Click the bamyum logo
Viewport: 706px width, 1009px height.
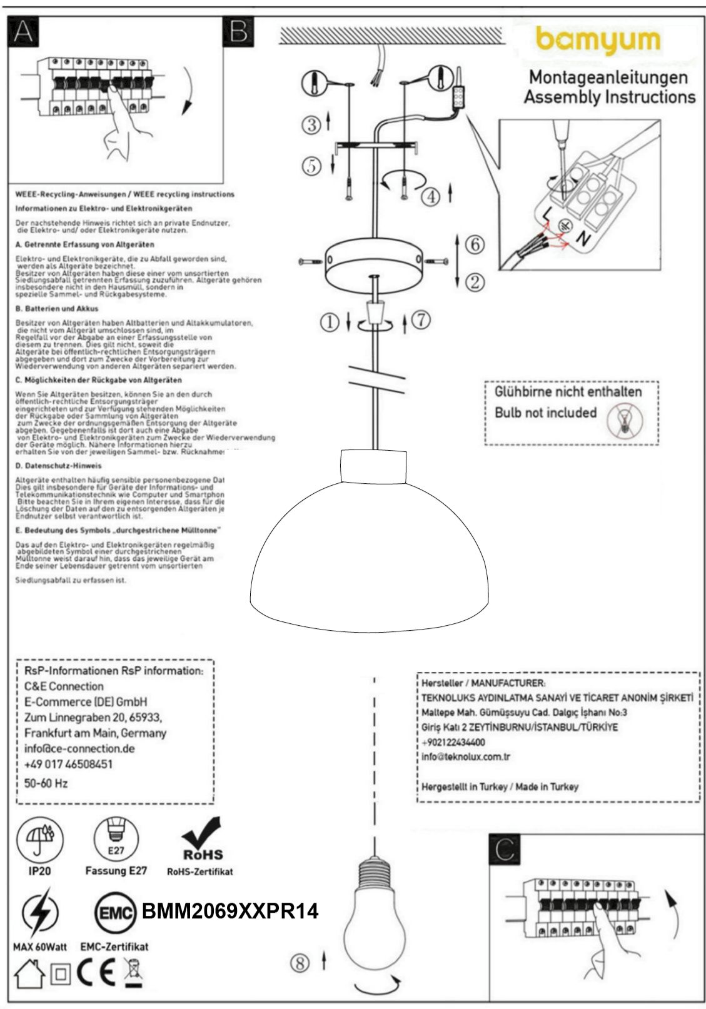598,41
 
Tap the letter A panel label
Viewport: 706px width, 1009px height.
23,31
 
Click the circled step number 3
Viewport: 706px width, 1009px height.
312,124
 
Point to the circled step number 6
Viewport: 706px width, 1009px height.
475,244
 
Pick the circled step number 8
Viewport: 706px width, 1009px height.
300,963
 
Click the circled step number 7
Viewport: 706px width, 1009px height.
421,320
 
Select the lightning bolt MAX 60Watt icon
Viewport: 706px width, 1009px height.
39,915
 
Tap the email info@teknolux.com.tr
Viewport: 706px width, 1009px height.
466,757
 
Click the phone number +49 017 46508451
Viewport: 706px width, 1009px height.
69,765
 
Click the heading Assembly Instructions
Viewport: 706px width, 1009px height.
609,98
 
